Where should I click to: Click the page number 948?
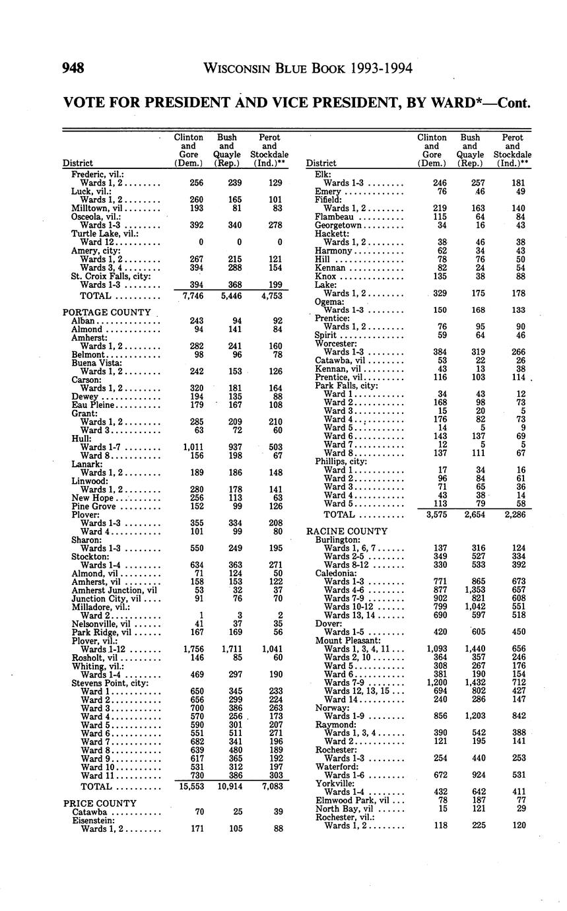point(73,68)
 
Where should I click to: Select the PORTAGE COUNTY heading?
point(106,312)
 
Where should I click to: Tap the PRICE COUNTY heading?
point(100,803)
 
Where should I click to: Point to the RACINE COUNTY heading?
point(347,531)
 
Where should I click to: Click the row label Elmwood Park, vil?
point(350,801)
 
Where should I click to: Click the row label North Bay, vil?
point(345,809)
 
